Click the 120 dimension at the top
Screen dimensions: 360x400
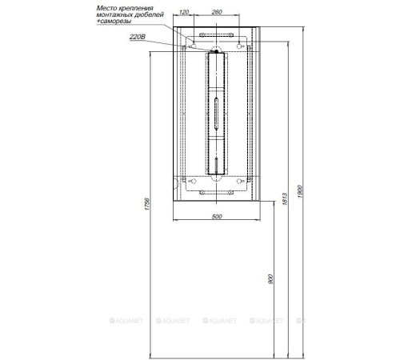pos(184,12)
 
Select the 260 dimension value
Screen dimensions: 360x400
pos(217,12)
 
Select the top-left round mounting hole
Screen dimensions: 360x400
pos(185,48)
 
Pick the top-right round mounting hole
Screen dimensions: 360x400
pos(249,48)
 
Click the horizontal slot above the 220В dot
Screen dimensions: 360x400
pos(217,36)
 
